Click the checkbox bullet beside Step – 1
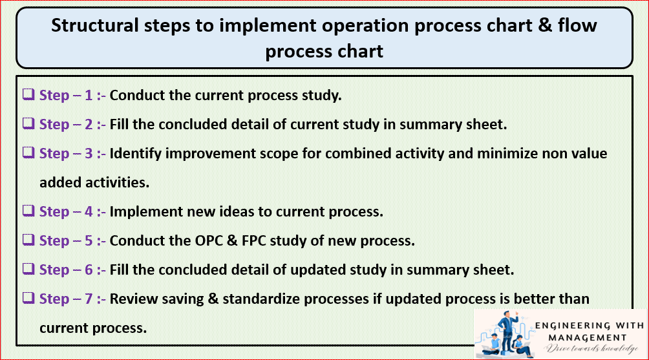28,95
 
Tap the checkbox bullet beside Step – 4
28,211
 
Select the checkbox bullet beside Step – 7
28,299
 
